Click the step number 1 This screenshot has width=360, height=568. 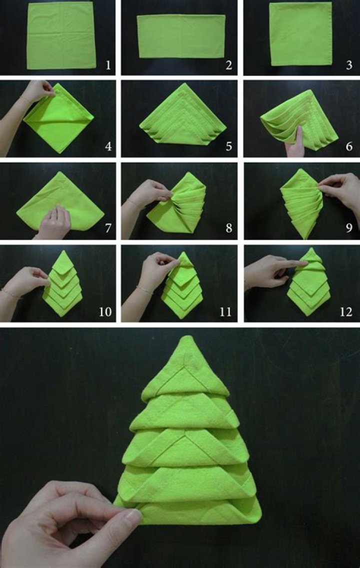pyautogui.click(x=107, y=65)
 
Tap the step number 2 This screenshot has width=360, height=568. pyautogui.click(x=228, y=65)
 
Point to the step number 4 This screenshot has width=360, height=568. pyautogui.click(x=107, y=146)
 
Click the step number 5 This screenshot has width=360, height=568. pyautogui.click(x=228, y=146)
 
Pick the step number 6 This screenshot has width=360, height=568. pyautogui.click(x=349, y=146)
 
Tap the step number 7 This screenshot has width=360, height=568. pyautogui.click(x=107, y=229)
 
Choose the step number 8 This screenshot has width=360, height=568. pyautogui.click(x=228, y=229)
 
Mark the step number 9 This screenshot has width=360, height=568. pyautogui.click(x=349, y=229)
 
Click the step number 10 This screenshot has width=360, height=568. pyautogui.click(x=104, y=312)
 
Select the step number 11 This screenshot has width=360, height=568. pyautogui.click(x=225, y=312)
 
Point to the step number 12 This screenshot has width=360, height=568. pyautogui.click(x=345, y=312)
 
